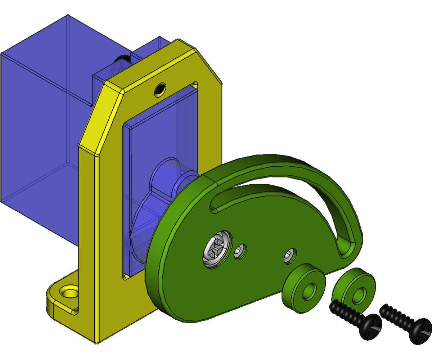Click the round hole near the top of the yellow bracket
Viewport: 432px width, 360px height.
[x=160, y=89]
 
